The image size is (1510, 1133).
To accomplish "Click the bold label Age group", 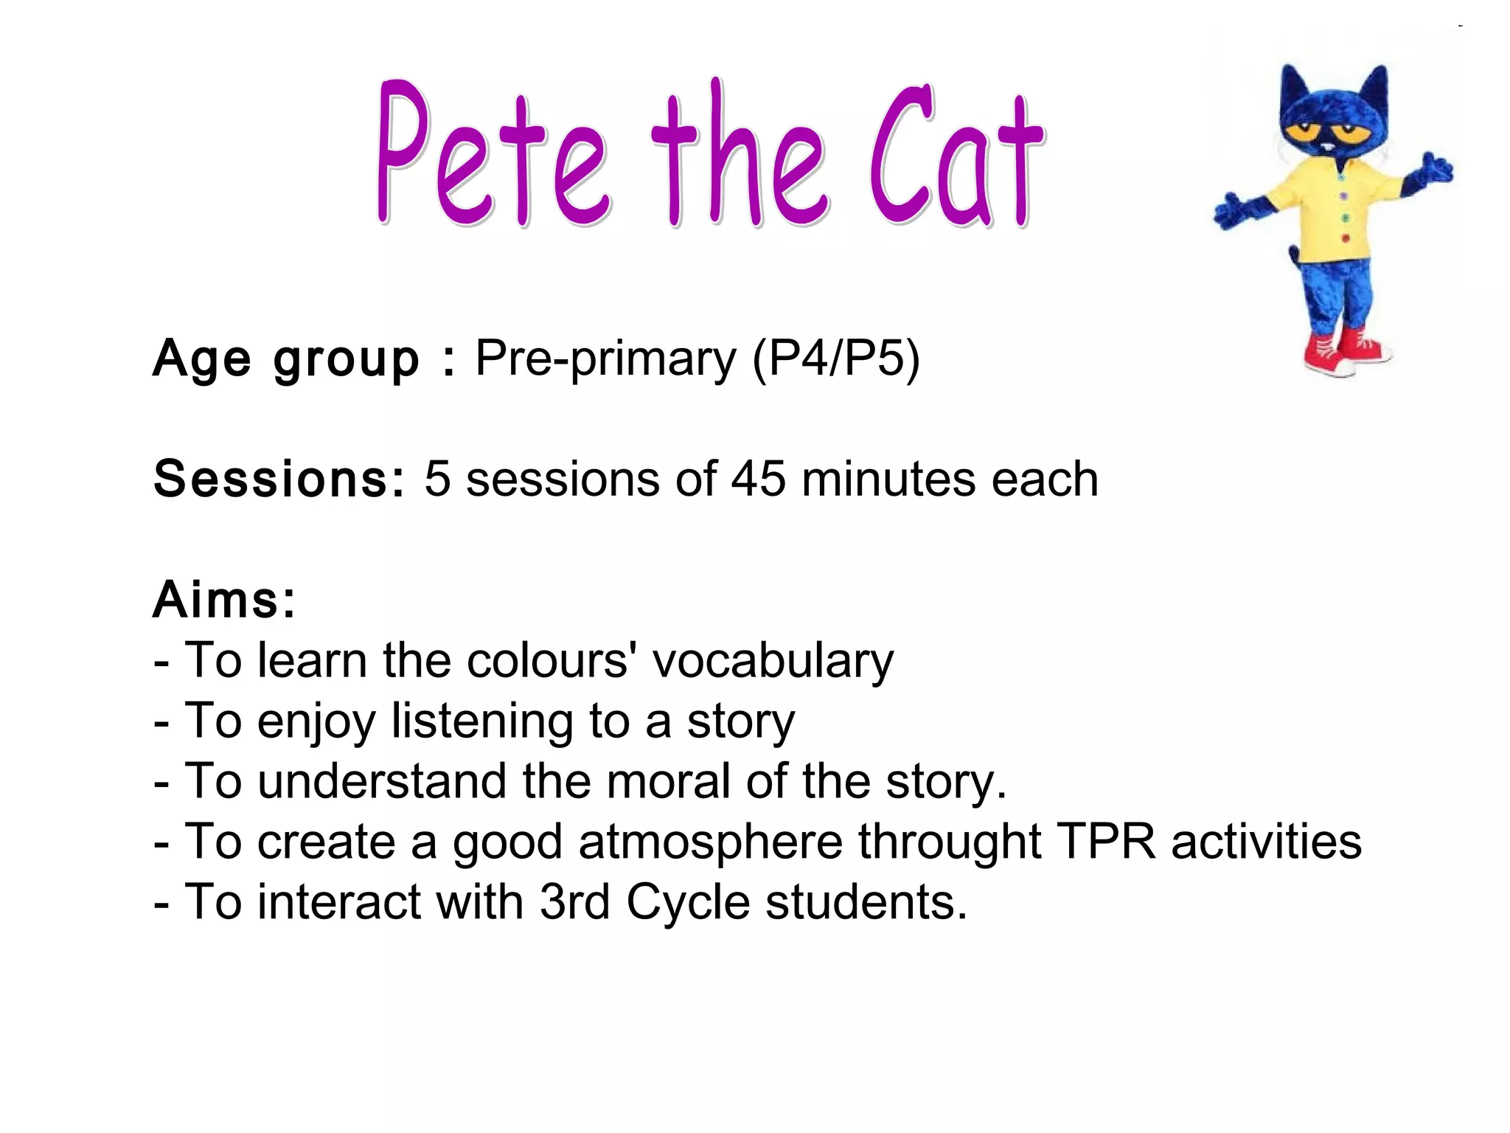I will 286,360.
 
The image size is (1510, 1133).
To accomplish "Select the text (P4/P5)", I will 836,358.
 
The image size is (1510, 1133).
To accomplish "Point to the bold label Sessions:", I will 279,479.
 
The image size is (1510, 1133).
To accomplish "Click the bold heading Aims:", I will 224,600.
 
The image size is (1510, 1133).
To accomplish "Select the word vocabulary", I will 773,661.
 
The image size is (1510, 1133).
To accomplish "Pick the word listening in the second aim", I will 482,721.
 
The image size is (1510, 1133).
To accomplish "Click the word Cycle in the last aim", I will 687,903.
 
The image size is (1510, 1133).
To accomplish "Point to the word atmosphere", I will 709,842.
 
